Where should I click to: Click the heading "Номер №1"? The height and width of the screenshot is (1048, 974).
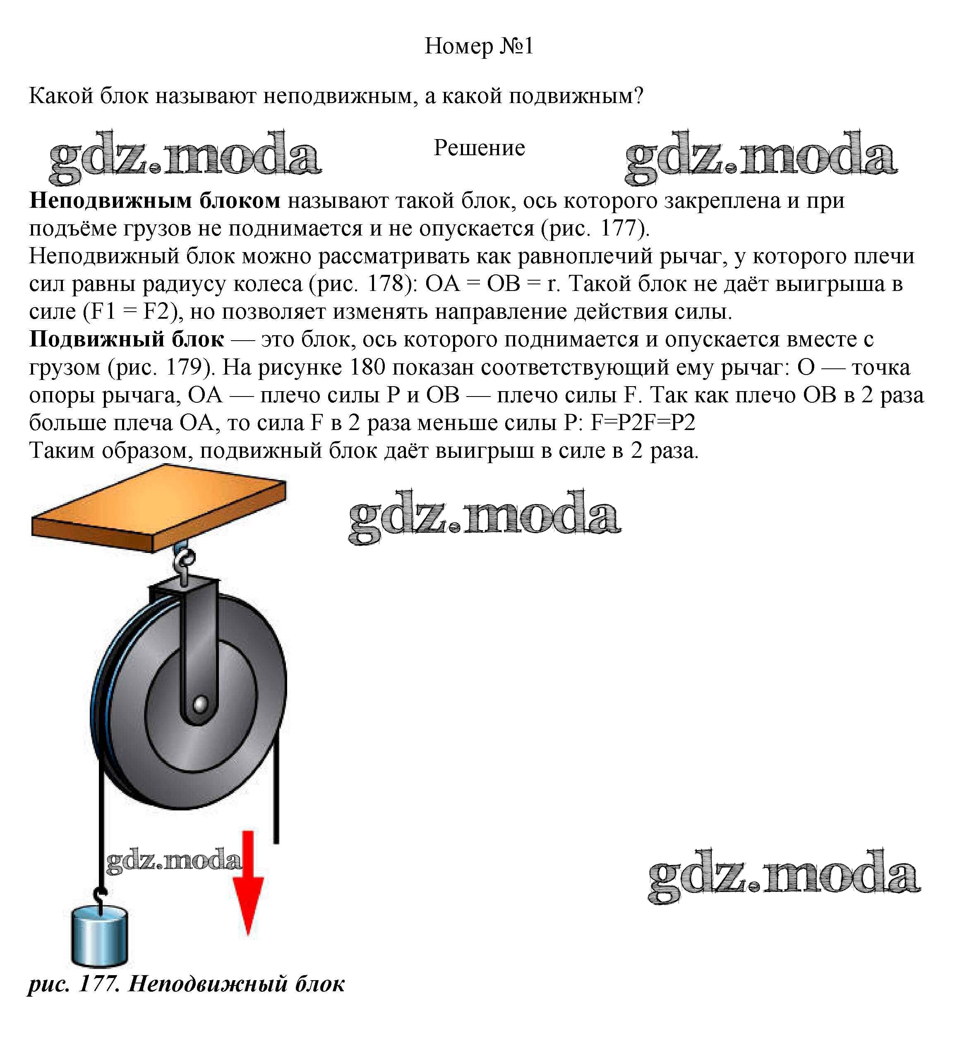(x=479, y=46)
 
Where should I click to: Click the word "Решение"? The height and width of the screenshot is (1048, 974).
(x=479, y=148)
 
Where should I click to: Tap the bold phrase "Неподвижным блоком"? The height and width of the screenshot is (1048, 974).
(x=155, y=201)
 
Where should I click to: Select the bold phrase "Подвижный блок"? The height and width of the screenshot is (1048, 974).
(x=127, y=339)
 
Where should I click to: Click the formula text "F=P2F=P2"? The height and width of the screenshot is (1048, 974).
(x=643, y=423)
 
